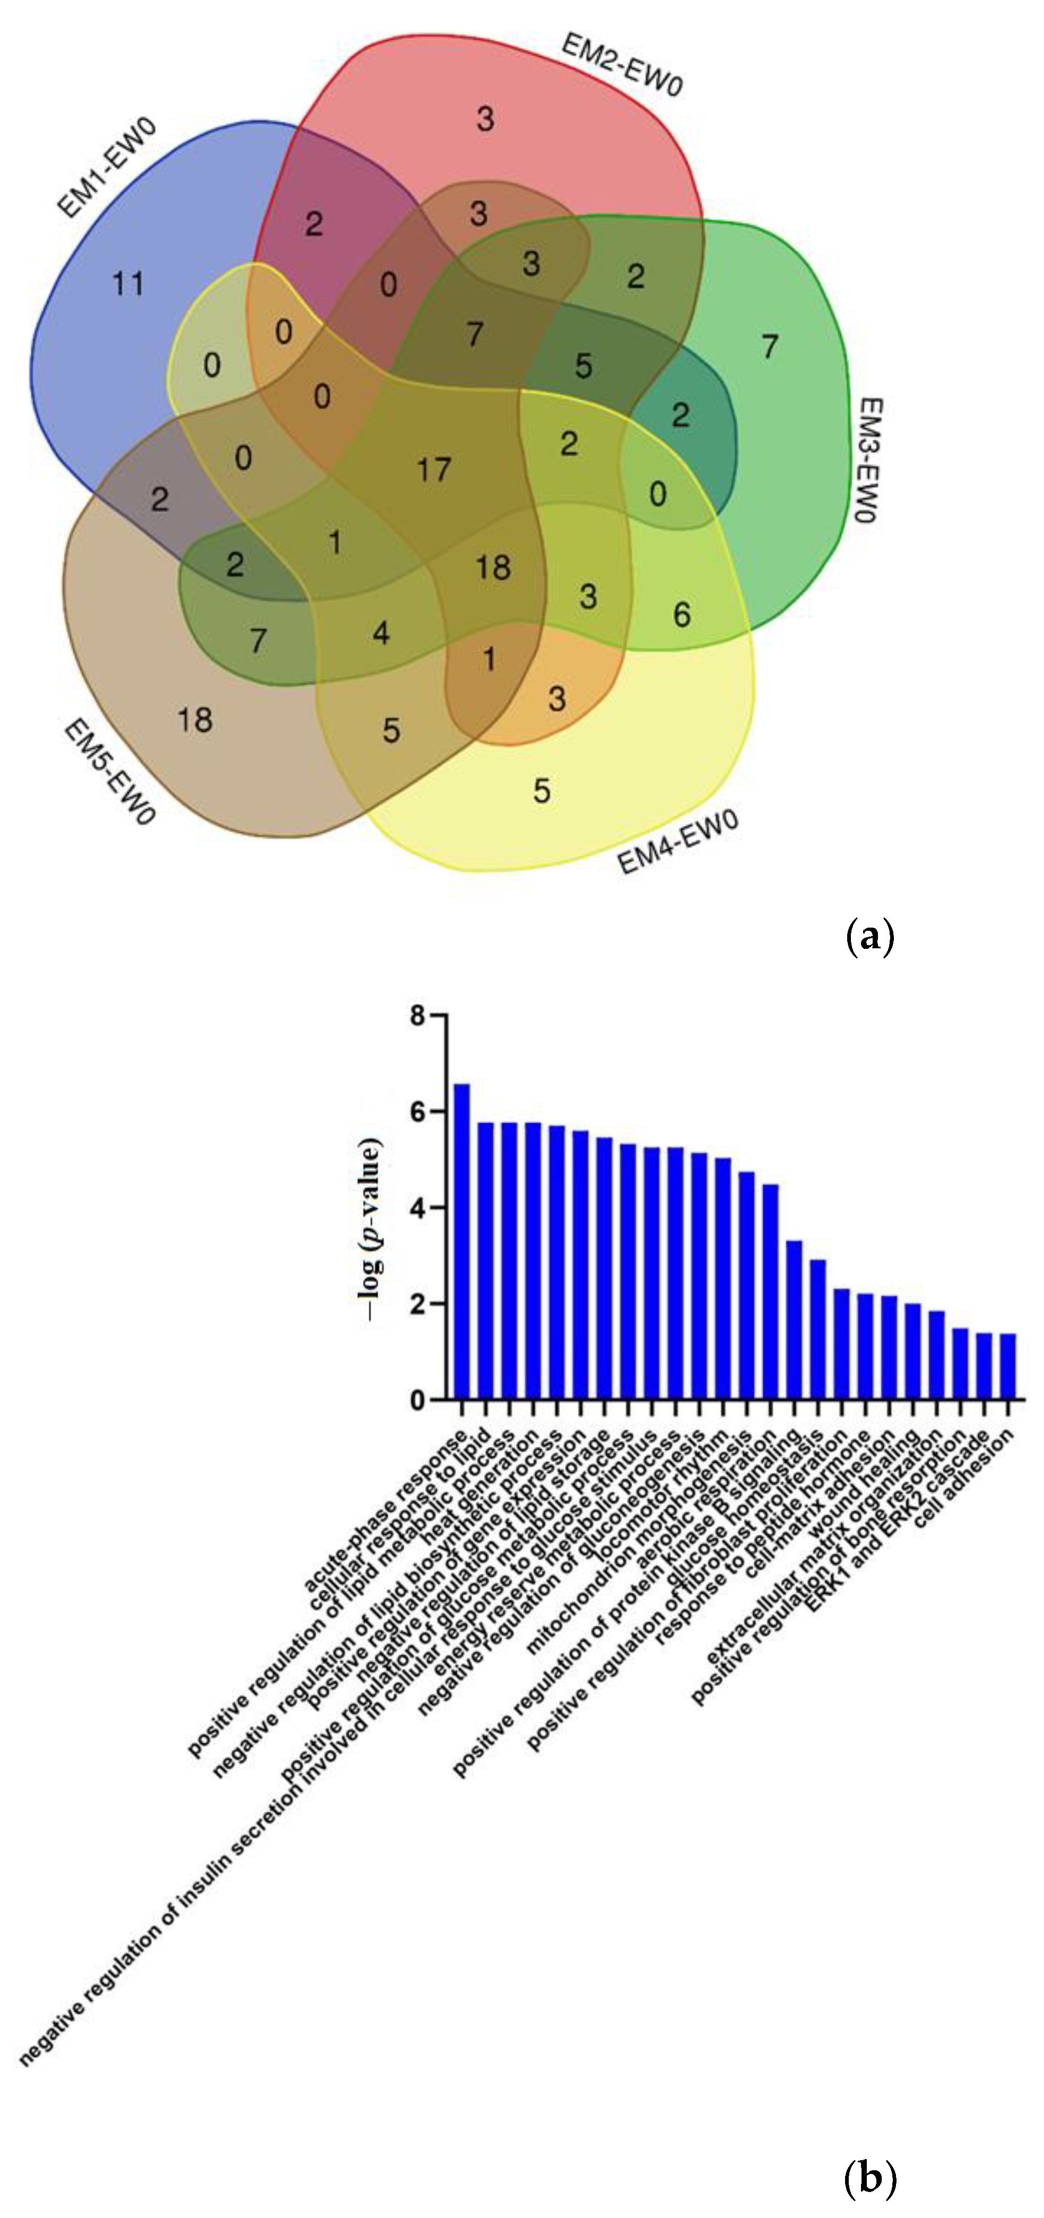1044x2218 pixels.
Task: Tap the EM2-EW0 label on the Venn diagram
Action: point(622,65)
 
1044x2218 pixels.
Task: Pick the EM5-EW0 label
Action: point(109,772)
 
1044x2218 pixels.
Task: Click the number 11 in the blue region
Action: point(128,283)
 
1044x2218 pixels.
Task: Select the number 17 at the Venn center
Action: point(433,469)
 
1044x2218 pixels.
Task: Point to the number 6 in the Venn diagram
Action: point(681,614)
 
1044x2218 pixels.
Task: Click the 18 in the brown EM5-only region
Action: point(195,720)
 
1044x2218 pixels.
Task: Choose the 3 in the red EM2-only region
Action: point(485,119)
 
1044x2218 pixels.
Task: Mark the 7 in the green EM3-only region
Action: point(769,346)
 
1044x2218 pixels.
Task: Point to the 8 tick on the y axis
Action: point(418,1016)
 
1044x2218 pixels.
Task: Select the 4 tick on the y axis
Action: point(418,1208)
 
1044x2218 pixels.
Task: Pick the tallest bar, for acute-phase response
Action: point(462,1241)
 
